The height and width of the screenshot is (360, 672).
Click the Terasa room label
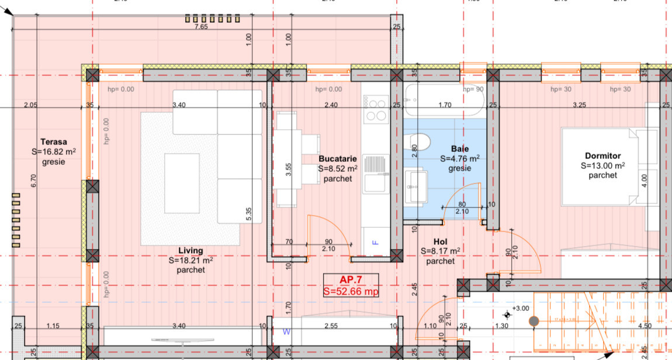pos(53,141)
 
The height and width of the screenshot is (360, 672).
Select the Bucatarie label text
pos(338,158)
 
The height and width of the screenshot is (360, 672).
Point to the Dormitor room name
pos(602,156)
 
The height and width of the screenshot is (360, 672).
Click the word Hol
pos(440,241)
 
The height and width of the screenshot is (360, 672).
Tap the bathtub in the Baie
pos(444,101)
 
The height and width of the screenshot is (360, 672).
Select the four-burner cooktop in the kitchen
pos(376,109)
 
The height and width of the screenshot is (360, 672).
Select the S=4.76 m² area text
pos(460,158)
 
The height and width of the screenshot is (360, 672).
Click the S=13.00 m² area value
pos(602,165)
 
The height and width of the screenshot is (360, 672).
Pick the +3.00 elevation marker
pos(519,308)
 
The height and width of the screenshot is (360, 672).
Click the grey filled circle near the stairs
pos(533,321)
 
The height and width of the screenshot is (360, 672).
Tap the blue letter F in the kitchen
pos(375,242)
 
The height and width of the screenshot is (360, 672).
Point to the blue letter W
pos(286,332)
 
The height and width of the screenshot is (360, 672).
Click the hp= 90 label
pos(473,89)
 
